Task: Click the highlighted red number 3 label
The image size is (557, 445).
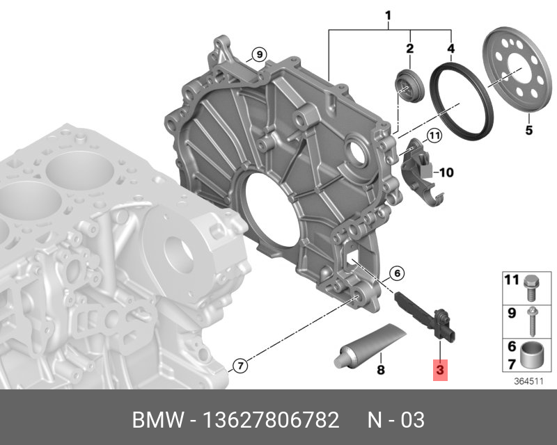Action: [440, 371]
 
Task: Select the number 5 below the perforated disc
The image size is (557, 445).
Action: [528, 130]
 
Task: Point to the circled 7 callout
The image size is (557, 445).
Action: [239, 365]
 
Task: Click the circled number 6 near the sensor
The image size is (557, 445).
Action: [396, 273]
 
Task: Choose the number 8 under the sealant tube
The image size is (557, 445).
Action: [380, 370]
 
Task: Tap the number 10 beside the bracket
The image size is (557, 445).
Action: [446, 170]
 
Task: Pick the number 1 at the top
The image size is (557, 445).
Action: [388, 15]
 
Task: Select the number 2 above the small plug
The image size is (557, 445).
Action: [409, 48]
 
